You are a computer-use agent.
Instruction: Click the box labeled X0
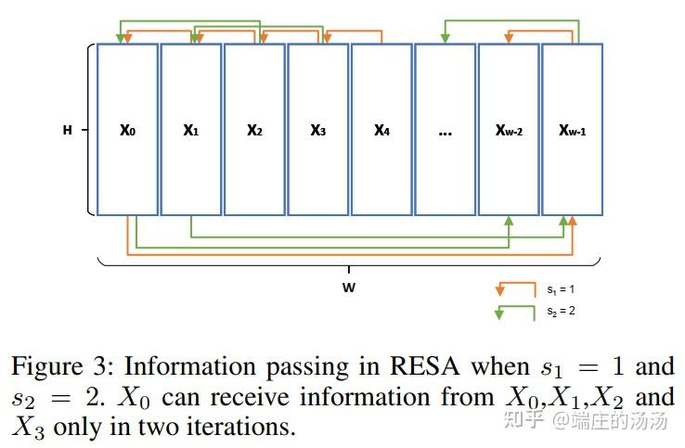point(127,130)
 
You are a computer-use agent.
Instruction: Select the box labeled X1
point(191,130)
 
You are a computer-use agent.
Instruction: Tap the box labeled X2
point(254,130)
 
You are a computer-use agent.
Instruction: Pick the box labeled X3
point(317,130)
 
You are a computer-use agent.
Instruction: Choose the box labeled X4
point(381,130)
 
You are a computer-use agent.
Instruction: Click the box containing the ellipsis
point(445,130)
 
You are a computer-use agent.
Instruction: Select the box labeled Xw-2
point(509,130)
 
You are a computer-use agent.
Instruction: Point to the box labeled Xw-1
point(572,130)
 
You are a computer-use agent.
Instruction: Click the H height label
point(67,131)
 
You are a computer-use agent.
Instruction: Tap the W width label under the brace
point(349,288)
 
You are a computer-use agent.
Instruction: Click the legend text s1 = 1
point(561,290)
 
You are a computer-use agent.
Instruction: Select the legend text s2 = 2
point(561,312)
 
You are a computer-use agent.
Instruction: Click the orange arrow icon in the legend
point(516,289)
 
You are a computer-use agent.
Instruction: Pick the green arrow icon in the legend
point(516,312)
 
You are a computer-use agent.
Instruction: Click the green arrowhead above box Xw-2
point(446,36)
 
